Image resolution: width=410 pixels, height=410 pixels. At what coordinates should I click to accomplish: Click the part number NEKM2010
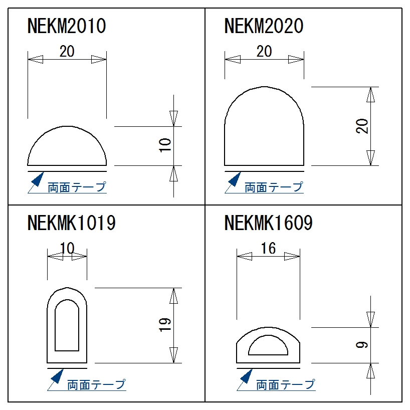[x=67, y=26]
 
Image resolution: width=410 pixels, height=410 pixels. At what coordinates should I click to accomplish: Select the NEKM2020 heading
[x=264, y=26]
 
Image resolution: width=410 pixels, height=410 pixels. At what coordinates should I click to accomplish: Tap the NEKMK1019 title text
[x=71, y=223]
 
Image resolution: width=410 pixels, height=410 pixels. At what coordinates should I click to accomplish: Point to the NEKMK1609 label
[x=269, y=223]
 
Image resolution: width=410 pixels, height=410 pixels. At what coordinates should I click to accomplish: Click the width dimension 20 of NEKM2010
[x=67, y=51]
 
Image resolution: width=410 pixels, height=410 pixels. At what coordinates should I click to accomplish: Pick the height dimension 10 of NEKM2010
[x=165, y=145]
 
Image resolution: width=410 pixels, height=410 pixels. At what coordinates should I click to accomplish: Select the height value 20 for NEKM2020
[x=362, y=126]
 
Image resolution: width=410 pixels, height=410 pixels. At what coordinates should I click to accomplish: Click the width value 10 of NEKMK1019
[x=67, y=248]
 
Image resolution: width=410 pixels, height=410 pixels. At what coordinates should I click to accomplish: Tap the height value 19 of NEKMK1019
[x=165, y=325]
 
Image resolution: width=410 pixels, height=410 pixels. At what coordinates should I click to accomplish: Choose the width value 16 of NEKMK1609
[x=269, y=248]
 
